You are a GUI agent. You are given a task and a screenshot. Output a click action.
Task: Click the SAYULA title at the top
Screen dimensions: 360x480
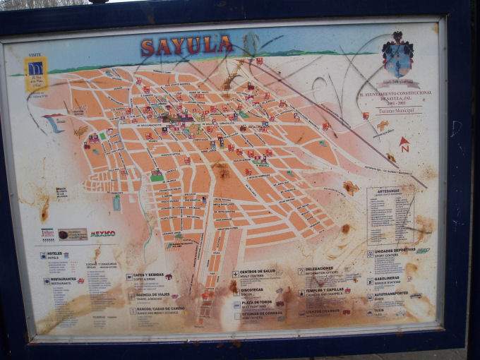coord(186,47)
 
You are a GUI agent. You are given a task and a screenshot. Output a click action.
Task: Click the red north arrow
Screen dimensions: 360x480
coord(404,144)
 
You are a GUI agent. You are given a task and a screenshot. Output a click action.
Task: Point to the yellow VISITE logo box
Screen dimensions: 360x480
coord(36,73)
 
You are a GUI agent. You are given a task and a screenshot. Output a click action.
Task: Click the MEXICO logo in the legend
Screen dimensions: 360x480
coord(102,233)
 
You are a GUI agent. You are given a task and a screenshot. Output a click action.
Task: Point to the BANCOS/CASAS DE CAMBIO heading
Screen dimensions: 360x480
coord(160,308)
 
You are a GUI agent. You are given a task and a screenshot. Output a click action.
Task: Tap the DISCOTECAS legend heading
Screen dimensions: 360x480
coord(253,289)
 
